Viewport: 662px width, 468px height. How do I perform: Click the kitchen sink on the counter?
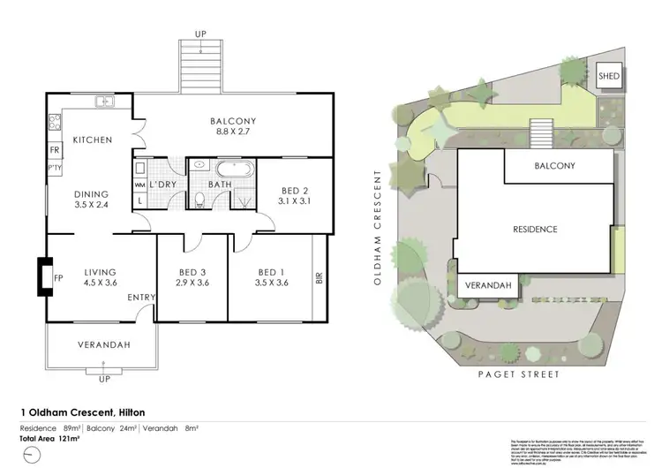[x=105, y=102]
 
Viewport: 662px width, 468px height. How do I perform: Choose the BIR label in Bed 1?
[x=318, y=279]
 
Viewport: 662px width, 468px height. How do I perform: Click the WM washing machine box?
[x=139, y=185]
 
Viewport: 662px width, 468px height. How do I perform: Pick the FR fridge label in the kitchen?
[x=55, y=151]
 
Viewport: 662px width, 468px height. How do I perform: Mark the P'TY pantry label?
[x=55, y=167]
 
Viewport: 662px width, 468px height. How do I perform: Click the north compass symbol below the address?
[x=32, y=454]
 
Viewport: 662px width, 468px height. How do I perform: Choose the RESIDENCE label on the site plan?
[x=535, y=229]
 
